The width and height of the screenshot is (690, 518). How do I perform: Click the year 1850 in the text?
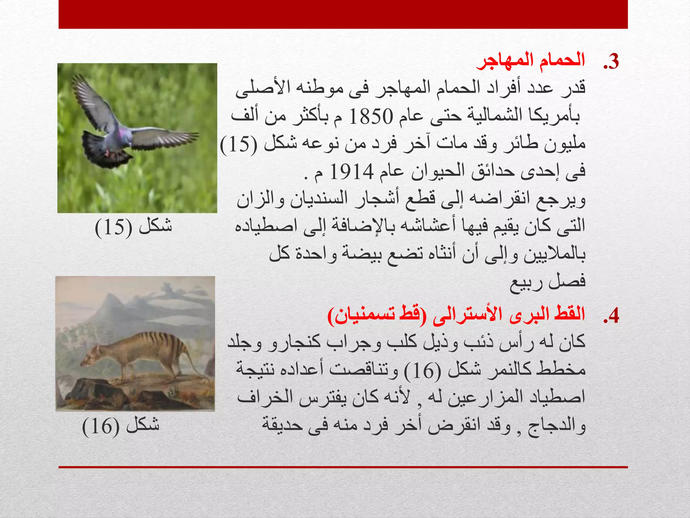[371, 117]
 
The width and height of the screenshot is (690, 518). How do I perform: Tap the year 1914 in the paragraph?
[352, 172]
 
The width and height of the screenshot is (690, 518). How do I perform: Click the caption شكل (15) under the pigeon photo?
[133, 227]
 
